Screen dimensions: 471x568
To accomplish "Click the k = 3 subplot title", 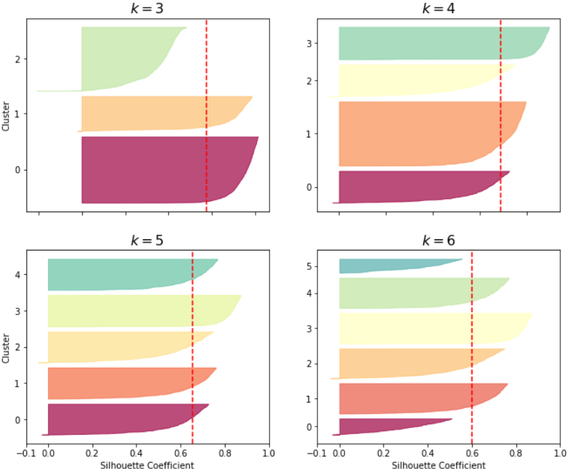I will point(148,8).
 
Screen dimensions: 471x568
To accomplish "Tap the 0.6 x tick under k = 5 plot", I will point(181,452).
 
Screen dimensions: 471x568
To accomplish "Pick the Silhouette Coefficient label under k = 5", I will point(148,464).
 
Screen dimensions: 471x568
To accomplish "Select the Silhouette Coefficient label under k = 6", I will point(439,464).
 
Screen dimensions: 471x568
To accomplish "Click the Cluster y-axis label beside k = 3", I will point(6,115).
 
